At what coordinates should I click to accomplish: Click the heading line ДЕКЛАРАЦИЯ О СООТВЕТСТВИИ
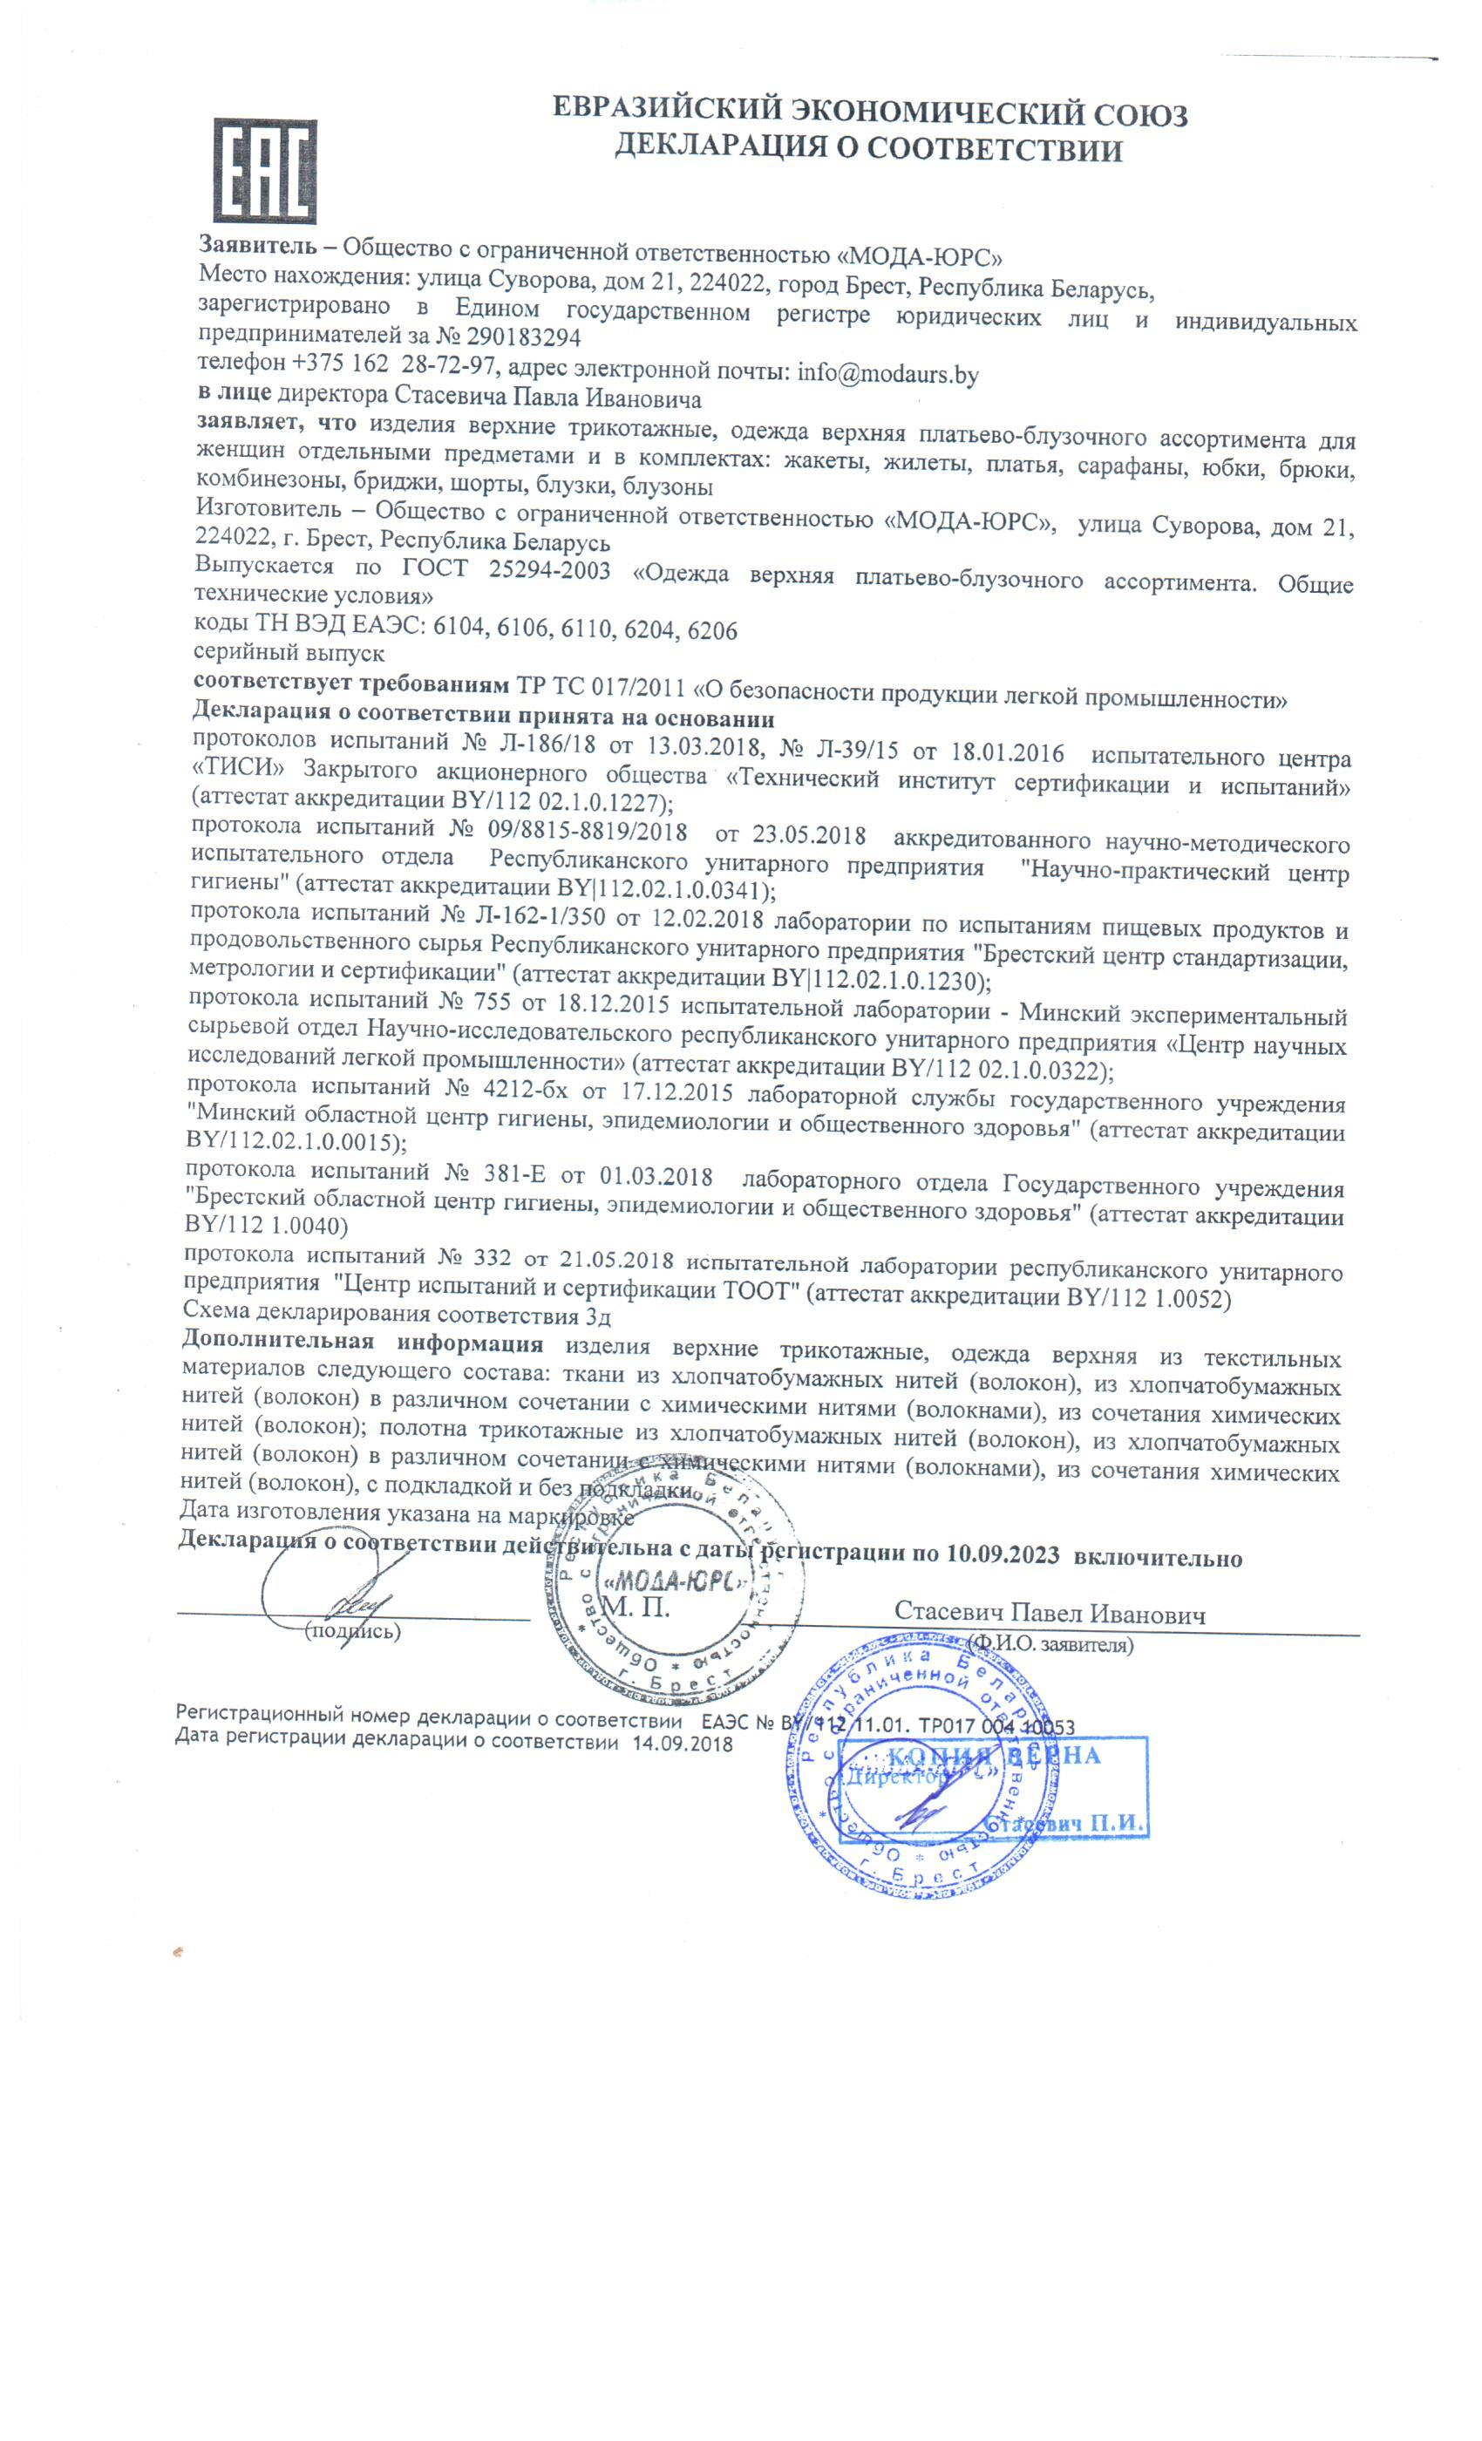click(x=867, y=148)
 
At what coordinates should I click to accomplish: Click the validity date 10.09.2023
click(x=1002, y=1554)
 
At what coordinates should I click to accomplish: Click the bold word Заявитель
click(x=257, y=245)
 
